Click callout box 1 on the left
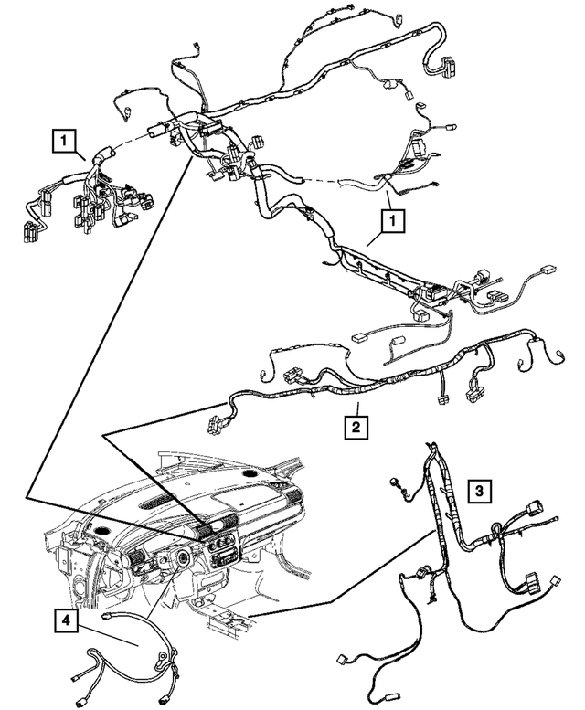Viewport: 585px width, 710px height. [62, 141]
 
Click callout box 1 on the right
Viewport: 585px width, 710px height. [391, 220]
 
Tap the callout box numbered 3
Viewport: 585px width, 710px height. [479, 492]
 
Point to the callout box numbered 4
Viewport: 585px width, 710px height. [63, 620]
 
